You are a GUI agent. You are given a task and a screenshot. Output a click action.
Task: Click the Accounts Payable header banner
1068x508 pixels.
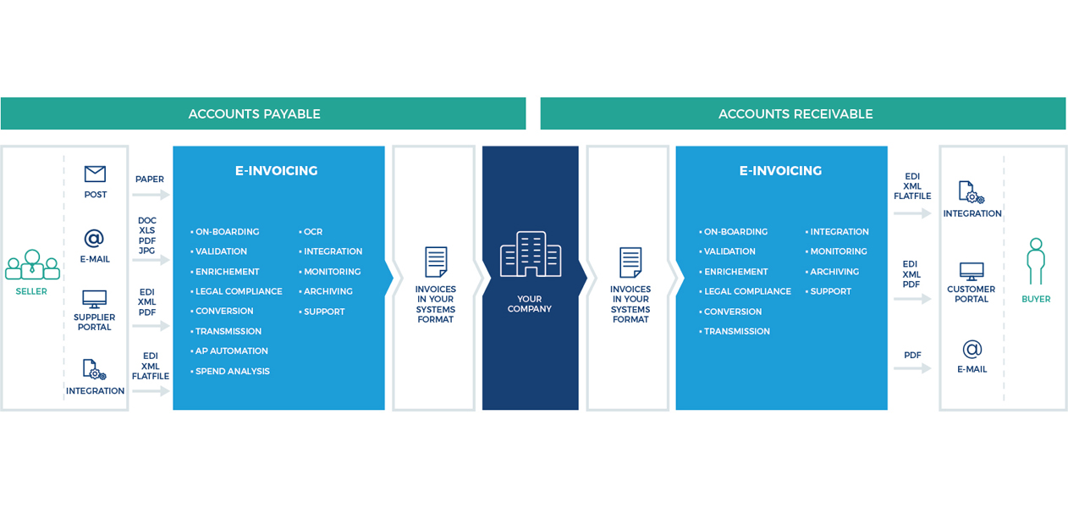pos(262,113)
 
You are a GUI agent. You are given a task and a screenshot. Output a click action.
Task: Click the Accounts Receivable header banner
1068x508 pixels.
pos(802,113)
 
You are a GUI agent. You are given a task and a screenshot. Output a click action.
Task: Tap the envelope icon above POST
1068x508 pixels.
pos(95,174)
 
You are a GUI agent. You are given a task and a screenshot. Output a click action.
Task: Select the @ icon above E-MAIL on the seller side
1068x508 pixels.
pos(94,239)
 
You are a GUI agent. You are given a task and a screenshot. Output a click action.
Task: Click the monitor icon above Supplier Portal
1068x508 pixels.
pos(94,299)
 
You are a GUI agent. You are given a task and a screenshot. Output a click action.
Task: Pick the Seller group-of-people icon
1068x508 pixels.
pos(32,265)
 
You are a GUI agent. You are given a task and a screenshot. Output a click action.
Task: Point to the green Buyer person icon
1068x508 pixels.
pos(1035,261)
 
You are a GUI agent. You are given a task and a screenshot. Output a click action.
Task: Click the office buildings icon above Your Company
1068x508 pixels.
pos(530,254)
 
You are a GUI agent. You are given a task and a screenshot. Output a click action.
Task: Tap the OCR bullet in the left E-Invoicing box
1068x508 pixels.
pos(312,232)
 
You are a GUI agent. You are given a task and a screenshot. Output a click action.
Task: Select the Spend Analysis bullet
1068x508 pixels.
pos(231,372)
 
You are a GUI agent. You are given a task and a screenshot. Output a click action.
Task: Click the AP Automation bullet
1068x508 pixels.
pos(230,351)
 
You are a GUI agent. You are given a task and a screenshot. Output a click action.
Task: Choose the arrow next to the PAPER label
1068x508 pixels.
pos(151,195)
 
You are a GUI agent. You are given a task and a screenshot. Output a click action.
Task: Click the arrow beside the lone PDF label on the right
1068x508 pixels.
pos(912,368)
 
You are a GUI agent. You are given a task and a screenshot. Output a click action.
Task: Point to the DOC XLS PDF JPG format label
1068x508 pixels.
pos(147,235)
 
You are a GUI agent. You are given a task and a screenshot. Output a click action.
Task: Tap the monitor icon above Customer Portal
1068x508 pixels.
pos(971,272)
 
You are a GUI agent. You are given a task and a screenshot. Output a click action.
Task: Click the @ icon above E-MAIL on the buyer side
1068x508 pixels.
pos(972,349)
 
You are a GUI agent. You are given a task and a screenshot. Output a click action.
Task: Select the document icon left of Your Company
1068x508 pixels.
pos(436,262)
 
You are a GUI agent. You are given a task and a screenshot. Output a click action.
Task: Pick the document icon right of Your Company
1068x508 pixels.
pos(630,262)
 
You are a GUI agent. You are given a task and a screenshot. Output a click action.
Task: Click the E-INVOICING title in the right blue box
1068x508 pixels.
pos(780,171)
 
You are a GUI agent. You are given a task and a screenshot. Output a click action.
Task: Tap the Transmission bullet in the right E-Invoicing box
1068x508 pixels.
pos(736,332)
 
